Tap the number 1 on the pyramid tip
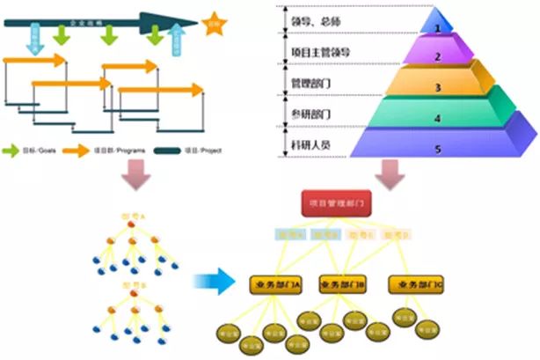(437, 28)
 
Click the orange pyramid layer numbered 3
(437, 86)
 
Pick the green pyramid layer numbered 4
(437, 116)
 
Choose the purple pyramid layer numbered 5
(437, 148)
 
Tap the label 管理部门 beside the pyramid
(311, 83)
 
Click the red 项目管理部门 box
(332, 204)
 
